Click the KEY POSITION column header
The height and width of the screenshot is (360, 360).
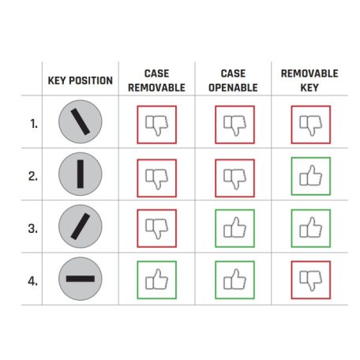(81, 81)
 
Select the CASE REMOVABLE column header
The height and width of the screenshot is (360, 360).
(156, 81)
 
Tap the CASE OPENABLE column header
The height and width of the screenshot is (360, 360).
(233, 81)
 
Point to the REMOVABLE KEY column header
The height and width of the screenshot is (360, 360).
(309, 81)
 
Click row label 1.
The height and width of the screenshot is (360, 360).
(34, 124)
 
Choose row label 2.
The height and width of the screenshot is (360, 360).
(33, 176)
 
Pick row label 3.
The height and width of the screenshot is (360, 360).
(33, 228)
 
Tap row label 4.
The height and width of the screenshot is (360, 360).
(33, 281)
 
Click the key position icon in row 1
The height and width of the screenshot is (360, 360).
(81, 122)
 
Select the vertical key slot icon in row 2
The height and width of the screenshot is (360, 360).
(81, 174)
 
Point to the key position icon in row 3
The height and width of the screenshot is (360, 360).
(81, 227)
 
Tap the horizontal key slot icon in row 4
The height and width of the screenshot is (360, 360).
(81, 279)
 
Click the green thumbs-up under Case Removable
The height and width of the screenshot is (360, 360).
(157, 280)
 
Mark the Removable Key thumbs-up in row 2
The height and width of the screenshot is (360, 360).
(311, 176)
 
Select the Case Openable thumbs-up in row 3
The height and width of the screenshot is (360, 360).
(234, 228)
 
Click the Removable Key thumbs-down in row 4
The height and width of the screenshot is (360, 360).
(311, 280)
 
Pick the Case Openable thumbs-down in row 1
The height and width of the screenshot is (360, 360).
(234, 125)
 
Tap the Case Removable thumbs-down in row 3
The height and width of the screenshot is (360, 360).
(157, 228)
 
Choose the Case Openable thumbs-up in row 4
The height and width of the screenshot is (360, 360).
(234, 280)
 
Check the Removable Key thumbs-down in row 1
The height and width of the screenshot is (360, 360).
(311, 125)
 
